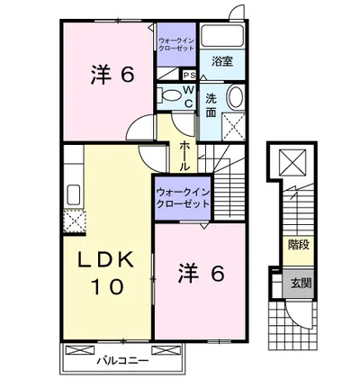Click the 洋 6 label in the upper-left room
click(113, 75)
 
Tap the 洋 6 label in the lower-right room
click(199, 271)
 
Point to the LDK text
click(105, 261)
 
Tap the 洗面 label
click(210, 106)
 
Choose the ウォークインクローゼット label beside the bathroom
click(176, 44)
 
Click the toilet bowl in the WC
click(168, 95)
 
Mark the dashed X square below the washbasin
click(234, 124)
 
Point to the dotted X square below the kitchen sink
click(74, 219)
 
